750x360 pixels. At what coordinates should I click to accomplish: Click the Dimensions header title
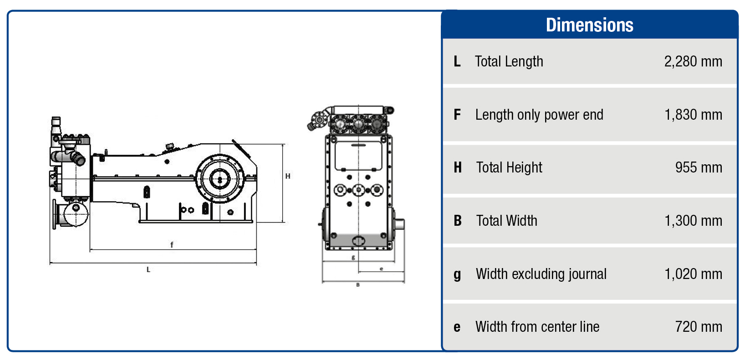589,25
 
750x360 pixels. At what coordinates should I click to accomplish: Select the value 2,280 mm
693,61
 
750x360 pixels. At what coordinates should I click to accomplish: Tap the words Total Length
509,61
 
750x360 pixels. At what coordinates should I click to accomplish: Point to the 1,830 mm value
693,115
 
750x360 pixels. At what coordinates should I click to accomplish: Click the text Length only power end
539,115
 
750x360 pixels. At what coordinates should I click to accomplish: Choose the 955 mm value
698,167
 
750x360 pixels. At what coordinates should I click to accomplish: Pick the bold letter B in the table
458,221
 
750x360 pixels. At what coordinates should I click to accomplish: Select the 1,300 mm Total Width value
693,221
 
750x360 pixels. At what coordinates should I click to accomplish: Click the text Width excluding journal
541,274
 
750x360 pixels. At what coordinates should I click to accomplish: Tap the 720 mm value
698,327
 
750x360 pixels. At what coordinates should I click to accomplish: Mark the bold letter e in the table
457,327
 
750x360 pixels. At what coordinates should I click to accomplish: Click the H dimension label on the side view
288,176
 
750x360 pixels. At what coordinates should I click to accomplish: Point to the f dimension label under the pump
172,245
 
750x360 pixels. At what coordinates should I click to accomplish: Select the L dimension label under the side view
148,269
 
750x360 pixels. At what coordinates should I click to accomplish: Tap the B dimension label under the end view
358,285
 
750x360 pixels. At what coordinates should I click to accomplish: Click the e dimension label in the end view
381,269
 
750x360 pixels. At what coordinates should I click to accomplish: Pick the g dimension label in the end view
353,258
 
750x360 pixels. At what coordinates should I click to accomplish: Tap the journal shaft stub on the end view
399,224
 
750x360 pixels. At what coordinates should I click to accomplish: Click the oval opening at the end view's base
358,241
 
